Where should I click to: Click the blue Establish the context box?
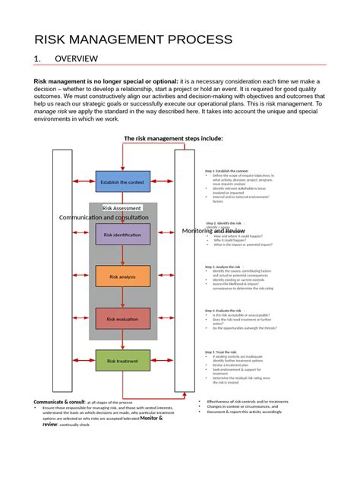pyautogui.click(x=122, y=182)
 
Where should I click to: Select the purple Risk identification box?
pyautogui.click(x=122, y=235)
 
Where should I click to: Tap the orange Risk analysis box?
pyautogui.click(x=122, y=277)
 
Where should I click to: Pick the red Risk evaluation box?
pyautogui.click(x=122, y=319)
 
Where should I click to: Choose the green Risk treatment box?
pyautogui.click(x=122, y=361)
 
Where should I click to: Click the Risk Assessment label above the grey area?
pyautogui.click(x=122, y=207)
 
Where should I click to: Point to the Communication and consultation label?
pyautogui.click(x=104, y=217)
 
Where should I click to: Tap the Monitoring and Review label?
pyautogui.click(x=213, y=230)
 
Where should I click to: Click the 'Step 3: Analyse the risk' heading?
pyautogui.click(x=221, y=267)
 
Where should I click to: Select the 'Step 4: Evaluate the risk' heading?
pyautogui.click(x=222, y=311)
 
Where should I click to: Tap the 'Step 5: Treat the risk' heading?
pyautogui.click(x=221, y=352)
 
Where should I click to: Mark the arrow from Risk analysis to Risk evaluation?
pyautogui.click(x=122, y=298)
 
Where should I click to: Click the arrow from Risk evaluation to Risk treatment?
pyautogui.click(x=122, y=339)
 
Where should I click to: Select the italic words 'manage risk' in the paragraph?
pyautogui.click(x=50, y=111)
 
